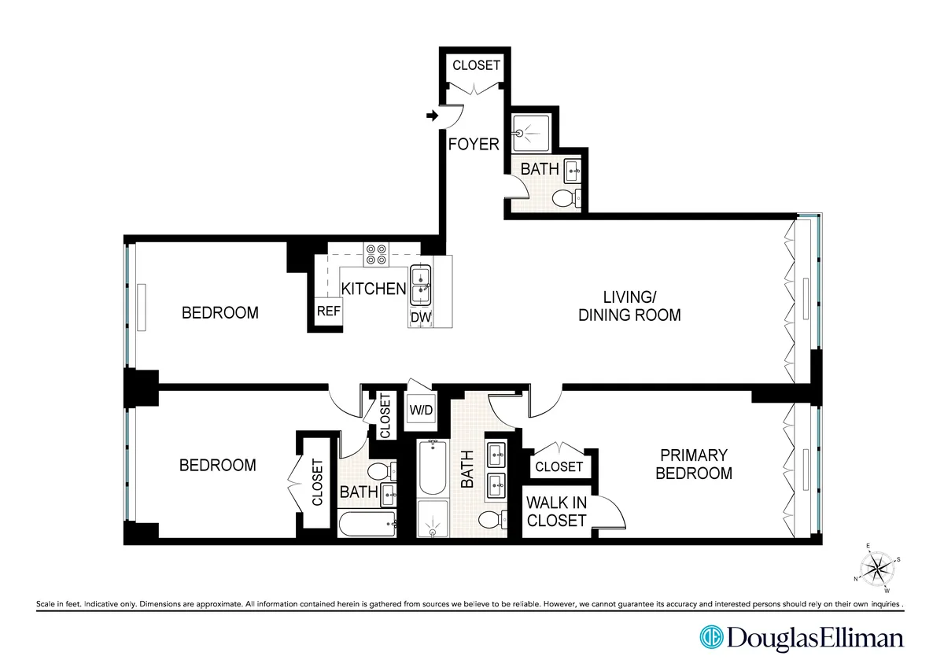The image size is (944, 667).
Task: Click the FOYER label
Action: [474, 144]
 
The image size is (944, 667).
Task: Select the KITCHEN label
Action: [373, 289]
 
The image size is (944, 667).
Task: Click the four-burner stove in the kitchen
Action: [375, 253]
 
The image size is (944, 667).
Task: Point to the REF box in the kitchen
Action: [328, 311]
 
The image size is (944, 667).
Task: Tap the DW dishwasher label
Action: [419, 317]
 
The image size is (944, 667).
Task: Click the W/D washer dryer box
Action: [418, 409]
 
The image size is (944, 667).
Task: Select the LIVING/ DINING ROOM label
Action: [629, 306]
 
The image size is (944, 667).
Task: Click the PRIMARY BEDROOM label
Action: [694, 464]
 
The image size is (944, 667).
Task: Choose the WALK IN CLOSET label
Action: [556, 511]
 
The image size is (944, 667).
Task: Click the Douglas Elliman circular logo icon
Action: [711, 636]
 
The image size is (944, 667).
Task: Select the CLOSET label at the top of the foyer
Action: [476, 65]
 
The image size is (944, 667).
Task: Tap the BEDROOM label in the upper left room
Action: [219, 313]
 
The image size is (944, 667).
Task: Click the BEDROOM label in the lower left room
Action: [217, 466]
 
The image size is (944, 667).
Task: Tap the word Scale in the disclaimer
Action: [49, 604]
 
